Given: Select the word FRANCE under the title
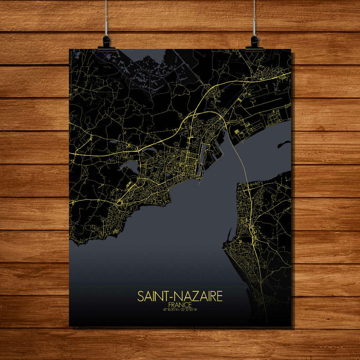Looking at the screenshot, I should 180,304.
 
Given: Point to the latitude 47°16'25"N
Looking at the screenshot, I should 171,309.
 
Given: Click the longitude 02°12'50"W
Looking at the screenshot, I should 189,309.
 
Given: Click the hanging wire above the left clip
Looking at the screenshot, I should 107,18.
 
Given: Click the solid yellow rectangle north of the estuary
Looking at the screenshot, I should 237,132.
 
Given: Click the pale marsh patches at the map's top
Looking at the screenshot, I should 144,72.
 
